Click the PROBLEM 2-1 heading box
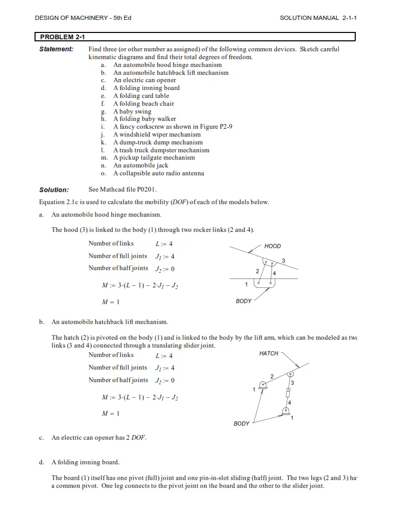(195, 37)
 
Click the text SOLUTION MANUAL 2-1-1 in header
(318, 18)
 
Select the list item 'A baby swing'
(132, 111)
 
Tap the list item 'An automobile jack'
(141, 165)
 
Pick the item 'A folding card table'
(141, 96)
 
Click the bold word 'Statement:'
(57, 49)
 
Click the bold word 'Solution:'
(54, 190)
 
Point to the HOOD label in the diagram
(273, 246)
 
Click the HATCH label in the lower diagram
(269, 354)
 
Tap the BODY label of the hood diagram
(244, 302)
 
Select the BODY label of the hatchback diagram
(242, 423)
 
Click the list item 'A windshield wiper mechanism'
(157, 135)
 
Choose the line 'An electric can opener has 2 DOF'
(98, 438)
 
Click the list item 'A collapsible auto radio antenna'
(159, 173)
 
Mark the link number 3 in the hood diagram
(283, 261)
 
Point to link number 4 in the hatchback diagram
(289, 402)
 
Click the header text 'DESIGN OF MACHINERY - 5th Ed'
(83, 18)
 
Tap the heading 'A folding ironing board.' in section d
(85, 462)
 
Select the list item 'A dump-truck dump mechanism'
(158, 142)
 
